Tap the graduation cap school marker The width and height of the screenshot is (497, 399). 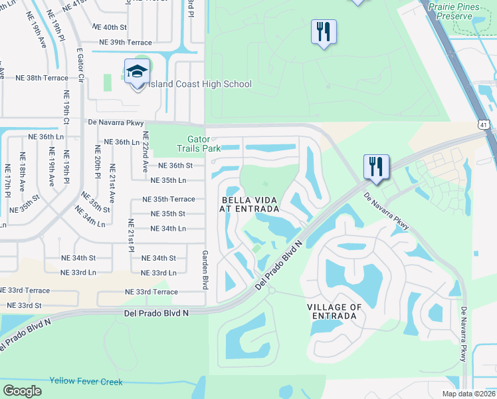[137, 72]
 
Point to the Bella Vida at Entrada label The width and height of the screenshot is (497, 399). [249, 203]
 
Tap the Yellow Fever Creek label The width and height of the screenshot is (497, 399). [86, 381]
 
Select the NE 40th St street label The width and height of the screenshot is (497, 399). [110, 27]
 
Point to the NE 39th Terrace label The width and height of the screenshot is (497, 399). [125, 43]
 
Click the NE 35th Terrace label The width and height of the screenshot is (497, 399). [169, 199]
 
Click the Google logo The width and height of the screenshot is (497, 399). [22, 390]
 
